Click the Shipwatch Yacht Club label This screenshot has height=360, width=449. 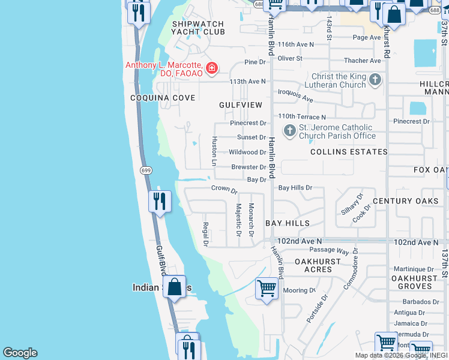click(x=197, y=28)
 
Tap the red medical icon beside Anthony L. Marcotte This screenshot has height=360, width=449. click(x=211, y=68)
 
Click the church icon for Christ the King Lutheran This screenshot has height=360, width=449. click(x=375, y=80)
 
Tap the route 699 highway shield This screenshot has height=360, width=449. click(x=146, y=170)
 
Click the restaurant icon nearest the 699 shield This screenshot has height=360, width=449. click(x=160, y=201)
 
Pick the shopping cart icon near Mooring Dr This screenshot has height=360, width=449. click(x=267, y=288)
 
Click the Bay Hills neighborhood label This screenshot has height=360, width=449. click(x=288, y=223)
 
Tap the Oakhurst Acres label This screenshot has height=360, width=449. click(x=318, y=266)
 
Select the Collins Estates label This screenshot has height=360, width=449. click(x=349, y=152)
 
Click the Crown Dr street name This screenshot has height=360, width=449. click(x=224, y=188)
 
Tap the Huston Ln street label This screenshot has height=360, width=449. click(x=214, y=151)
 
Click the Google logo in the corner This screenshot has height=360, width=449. click(x=20, y=353)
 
